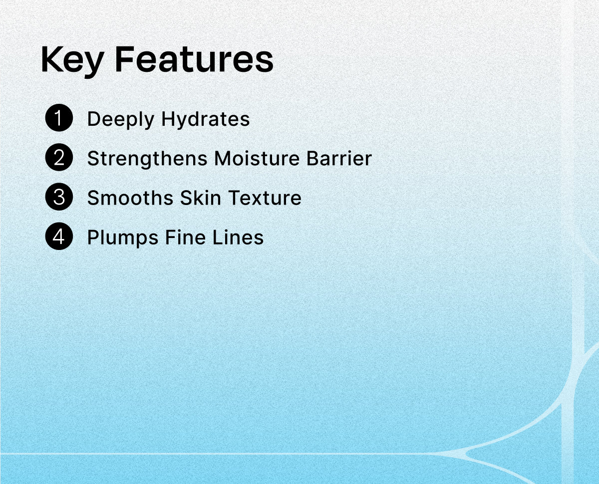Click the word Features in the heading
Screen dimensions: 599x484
(x=194, y=59)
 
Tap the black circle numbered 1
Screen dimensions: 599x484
(x=59, y=117)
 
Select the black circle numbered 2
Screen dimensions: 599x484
(x=59, y=157)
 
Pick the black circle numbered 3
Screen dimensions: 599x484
(x=59, y=197)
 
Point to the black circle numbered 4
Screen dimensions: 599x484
(x=59, y=236)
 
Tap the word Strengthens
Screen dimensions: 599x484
(x=147, y=159)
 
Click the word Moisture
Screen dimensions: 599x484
(x=257, y=158)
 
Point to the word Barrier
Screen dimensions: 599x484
(x=339, y=158)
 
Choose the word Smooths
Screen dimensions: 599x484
(x=130, y=198)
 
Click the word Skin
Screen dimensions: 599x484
(x=201, y=198)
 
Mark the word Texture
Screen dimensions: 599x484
(x=265, y=198)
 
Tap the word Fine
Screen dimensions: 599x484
(x=185, y=238)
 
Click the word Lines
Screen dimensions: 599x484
(x=238, y=238)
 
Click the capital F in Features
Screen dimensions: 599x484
(x=124, y=59)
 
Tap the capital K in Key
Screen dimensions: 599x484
(x=51, y=59)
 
